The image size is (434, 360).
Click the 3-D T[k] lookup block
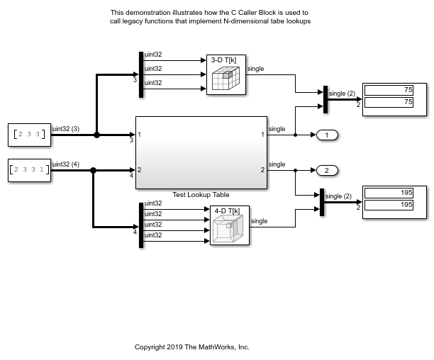coord(226,74)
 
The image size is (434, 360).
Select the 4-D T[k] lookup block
coord(230,225)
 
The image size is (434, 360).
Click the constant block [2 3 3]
coord(29,135)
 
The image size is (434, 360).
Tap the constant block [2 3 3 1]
coord(29,170)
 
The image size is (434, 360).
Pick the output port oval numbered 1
coord(327,135)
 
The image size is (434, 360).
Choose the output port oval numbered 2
coord(327,170)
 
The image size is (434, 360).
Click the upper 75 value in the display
coord(389,90)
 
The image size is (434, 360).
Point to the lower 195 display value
coord(389,206)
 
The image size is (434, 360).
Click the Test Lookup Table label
coord(201,195)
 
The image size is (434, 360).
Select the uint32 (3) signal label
coord(66,129)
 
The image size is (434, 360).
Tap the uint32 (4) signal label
coord(66,164)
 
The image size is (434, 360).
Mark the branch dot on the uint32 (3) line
coord(96,135)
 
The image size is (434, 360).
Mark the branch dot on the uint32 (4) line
coord(94,170)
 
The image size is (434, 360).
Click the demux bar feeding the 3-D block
coord(141,74)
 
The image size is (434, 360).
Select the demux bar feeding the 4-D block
coord(141,225)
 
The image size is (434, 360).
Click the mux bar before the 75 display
coord(325,99)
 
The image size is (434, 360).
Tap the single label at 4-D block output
coord(259,221)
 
